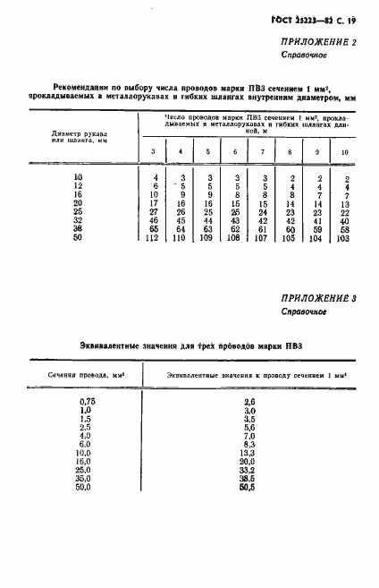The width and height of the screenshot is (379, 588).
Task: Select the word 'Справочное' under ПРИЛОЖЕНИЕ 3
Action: coord(304,312)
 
